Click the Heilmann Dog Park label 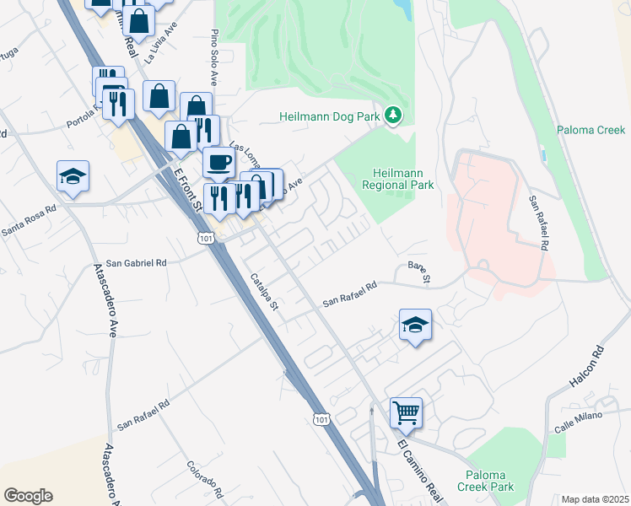[332, 116]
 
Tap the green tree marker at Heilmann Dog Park [393, 114]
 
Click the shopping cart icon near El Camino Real [406, 413]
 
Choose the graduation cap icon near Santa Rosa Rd [73, 177]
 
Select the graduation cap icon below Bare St [416, 326]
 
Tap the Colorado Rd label [204, 478]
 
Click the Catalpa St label [263, 292]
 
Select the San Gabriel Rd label [132, 263]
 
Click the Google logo [28, 495]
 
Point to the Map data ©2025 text [595, 499]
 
